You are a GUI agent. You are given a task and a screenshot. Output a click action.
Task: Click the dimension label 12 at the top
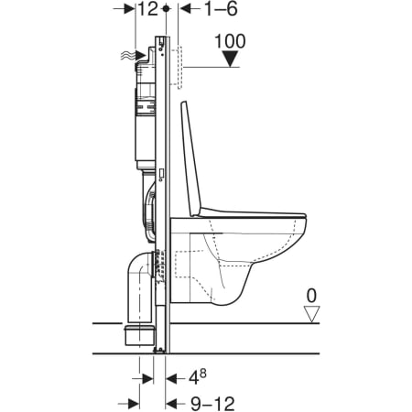click(148, 9)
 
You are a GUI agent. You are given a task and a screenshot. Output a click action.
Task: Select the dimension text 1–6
click(221, 9)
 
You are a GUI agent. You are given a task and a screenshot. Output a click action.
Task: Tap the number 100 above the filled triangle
click(230, 41)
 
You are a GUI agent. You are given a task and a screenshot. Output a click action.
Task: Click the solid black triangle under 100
click(231, 59)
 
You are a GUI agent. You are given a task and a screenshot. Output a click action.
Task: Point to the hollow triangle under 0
click(311, 314)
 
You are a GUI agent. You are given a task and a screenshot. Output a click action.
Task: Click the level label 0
click(311, 296)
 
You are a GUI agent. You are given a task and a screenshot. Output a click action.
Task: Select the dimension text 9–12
click(212, 404)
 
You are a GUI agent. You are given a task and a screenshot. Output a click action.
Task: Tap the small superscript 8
click(203, 374)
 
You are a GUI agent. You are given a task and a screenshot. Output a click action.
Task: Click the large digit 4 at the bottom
click(194, 379)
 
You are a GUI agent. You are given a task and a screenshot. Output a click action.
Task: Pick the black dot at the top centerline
click(166, 8)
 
